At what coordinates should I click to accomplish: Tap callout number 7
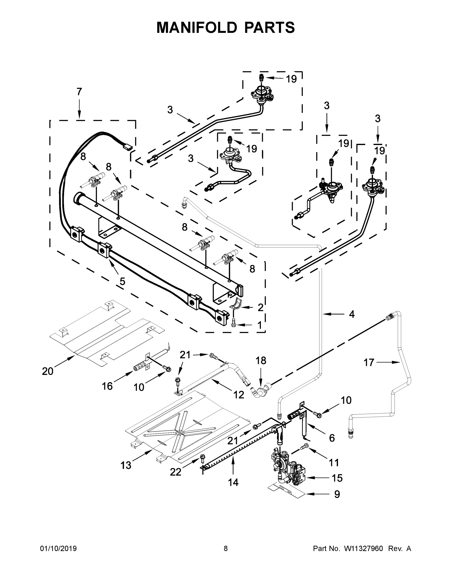(x=79, y=92)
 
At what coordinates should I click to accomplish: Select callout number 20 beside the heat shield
(x=48, y=371)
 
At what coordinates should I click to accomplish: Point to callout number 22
(x=176, y=472)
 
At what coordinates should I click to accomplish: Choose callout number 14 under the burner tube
(x=233, y=482)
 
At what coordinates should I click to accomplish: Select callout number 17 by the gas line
(x=369, y=362)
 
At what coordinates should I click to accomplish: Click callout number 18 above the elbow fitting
(x=261, y=360)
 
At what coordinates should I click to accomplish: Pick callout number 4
(x=352, y=315)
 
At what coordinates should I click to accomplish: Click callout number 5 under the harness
(x=122, y=281)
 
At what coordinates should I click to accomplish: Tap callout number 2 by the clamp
(x=260, y=308)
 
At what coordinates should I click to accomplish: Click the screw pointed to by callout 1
(x=233, y=324)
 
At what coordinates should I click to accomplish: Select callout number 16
(x=107, y=386)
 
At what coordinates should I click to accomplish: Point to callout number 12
(x=239, y=394)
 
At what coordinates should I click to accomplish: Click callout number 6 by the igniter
(x=332, y=438)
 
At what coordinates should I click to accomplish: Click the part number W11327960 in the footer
(x=363, y=549)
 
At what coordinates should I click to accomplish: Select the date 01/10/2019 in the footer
(x=58, y=549)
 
